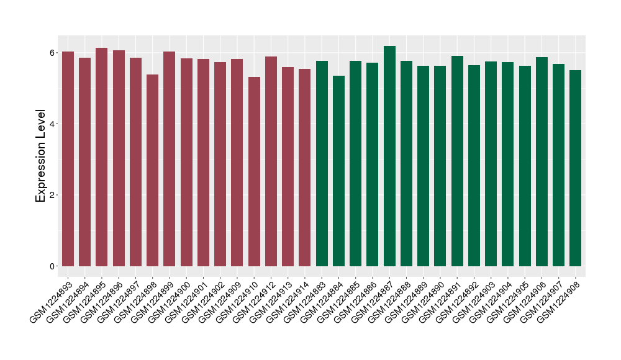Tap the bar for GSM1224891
pyautogui.click(x=457, y=161)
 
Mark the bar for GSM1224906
pyautogui.click(x=542, y=161)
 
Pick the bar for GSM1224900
pyautogui.click(x=186, y=162)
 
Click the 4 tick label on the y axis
pyautogui.click(x=53, y=124)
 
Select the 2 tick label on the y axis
pyautogui.click(x=53, y=195)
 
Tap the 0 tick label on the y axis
pyautogui.click(x=53, y=266)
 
